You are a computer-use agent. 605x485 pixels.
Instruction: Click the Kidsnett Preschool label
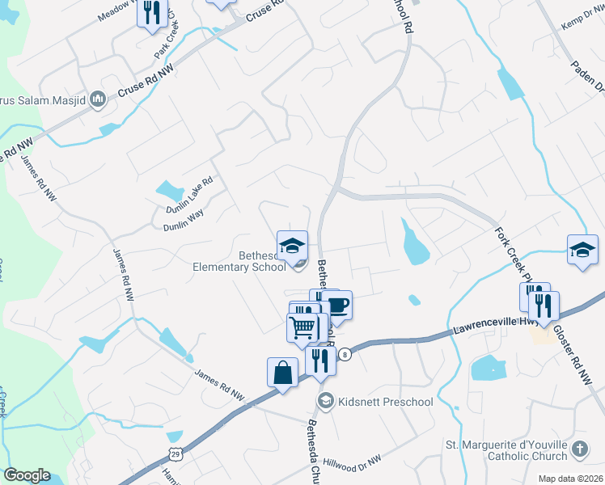(387, 402)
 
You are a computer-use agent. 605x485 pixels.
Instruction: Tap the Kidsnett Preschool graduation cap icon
(326, 401)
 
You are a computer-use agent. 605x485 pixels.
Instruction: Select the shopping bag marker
(282, 373)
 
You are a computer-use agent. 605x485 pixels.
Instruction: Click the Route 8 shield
(345, 354)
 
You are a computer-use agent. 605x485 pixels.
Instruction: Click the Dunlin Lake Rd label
(189, 193)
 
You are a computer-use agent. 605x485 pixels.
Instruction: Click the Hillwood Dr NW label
(351, 462)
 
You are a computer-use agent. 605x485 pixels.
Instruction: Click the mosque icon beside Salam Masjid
(99, 99)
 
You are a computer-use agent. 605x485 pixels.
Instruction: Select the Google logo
(27, 475)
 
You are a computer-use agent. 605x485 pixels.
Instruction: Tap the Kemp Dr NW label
(581, 18)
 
